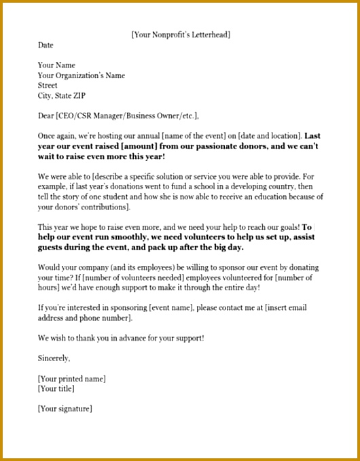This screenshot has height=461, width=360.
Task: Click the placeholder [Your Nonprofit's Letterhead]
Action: (x=185, y=34)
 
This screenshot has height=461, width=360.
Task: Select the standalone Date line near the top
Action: (x=46, y=45)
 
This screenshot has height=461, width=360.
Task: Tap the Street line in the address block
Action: (x=48, y=86)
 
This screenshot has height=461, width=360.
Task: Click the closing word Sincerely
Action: (x=54, y=358)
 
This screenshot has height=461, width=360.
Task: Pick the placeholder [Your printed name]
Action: (x=72, y=379)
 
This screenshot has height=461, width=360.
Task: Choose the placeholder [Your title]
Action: (x=56, y=389)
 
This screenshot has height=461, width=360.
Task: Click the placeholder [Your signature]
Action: (x=65, y=409)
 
